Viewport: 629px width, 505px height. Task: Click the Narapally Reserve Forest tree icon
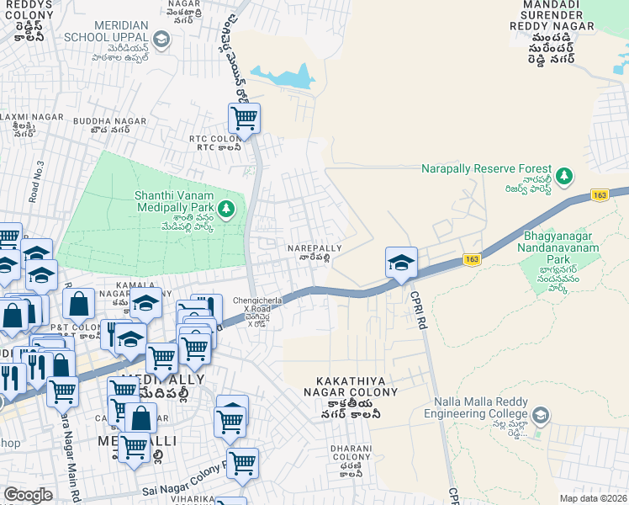click(x=566, y=175)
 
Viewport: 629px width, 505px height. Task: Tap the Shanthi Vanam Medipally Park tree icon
click(x=225, y=208)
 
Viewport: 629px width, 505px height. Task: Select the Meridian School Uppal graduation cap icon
click(x=162, y=39)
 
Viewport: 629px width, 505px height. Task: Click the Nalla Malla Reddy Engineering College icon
click(x=541, y=415)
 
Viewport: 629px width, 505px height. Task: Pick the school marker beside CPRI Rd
click(x=401, y=262)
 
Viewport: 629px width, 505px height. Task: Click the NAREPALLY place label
click(x=314, y=249)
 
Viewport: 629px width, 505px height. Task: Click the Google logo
click(x=28, y=495)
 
